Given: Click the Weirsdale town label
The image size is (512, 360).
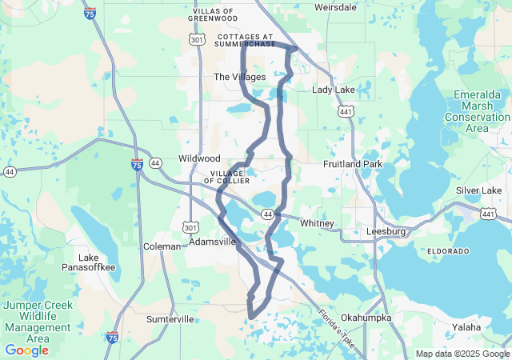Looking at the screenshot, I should click(x=335, y=6).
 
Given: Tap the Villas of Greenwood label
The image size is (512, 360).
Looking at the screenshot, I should click(x=211, y=14).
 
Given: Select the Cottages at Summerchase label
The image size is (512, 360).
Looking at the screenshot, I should click(x=246, y=41).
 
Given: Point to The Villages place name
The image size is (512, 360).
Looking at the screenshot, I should click(x=239, y=77).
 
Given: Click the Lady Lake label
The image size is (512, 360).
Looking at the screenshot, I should click(x=333, y=90).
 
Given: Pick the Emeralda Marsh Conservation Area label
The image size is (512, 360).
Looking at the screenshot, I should click(x=477, y=111).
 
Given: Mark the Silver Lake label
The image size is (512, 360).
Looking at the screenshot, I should click(x=478, y=190).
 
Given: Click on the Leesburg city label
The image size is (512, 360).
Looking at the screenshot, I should click(x=386, y=232).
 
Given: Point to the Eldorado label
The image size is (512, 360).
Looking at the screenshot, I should click(x=448, y=251).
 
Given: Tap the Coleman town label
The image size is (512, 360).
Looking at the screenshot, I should click(x=162, y=246).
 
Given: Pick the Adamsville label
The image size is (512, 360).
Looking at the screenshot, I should click(x=213, y=241).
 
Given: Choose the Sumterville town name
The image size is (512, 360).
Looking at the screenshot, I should click(x=170, y=319).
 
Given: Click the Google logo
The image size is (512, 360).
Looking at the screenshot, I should click(x=26, y=350).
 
